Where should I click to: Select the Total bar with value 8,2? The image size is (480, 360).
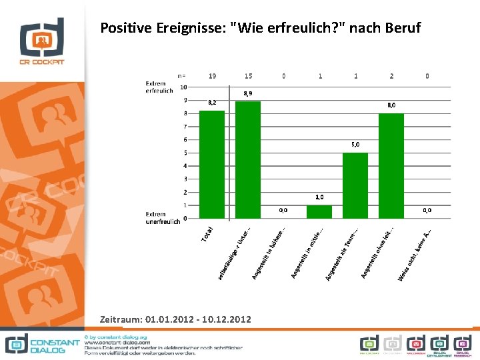click(212, 165)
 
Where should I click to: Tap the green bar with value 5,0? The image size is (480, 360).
click(355, 185)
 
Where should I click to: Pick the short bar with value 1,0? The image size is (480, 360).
click(319, 211)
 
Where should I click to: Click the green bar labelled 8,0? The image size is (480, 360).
click(391, 165)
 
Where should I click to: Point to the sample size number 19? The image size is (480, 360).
click(212, 76)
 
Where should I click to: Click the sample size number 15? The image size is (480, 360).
click(248, 76)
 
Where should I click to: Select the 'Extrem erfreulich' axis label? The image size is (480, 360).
click(159, 87)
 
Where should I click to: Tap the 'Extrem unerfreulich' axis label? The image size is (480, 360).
click(163, 218)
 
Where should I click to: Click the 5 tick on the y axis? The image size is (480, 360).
click(185, 153)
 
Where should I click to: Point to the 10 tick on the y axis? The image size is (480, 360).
click(183, 87)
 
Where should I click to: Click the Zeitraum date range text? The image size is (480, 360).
click(175, 320)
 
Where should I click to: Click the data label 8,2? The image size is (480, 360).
click(212, 103)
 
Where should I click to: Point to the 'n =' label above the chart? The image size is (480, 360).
click(181, 76)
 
